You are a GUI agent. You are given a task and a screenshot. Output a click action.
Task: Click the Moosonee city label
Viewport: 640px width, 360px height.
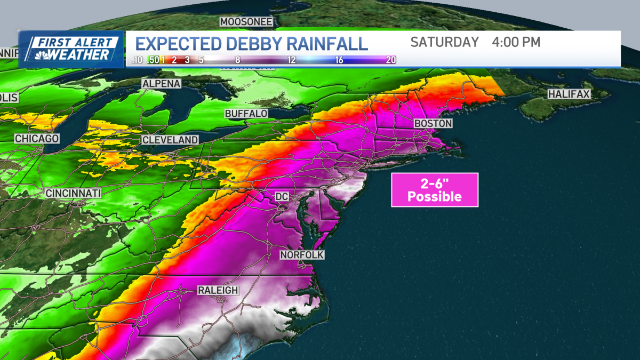(246, 22)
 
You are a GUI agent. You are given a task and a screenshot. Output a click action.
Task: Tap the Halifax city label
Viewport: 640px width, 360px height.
(569, 94)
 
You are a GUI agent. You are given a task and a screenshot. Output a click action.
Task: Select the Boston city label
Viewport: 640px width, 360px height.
(433, 123)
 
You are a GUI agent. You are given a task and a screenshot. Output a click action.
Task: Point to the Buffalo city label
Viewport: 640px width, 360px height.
(246, 114)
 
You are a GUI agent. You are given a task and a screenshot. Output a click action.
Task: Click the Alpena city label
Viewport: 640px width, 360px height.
(161, 84)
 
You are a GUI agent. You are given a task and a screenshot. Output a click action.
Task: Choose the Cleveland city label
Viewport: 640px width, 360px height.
(170, 140)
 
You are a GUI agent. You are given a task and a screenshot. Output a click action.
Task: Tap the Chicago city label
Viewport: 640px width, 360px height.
(36, 139)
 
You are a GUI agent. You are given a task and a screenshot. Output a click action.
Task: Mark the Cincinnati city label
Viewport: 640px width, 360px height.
(73, 193)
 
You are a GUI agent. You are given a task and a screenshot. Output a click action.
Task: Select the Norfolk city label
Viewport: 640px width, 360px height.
(302, 255)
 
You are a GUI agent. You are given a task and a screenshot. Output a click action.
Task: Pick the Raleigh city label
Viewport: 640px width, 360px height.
(218, 290)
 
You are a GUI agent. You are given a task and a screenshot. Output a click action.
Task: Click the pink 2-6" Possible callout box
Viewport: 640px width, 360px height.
(435, 190)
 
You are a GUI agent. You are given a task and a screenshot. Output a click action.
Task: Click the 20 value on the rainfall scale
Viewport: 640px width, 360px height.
(391, 60)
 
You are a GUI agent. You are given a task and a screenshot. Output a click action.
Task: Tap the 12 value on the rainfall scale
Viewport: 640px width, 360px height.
(291, 60)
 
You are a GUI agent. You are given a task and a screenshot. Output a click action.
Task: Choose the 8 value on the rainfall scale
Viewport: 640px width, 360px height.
(237, 60)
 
